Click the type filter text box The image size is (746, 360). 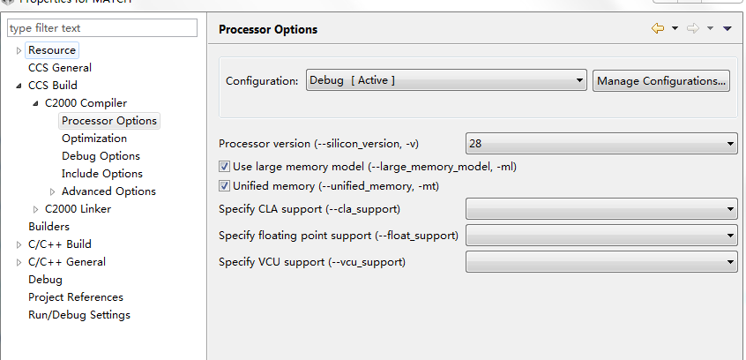(x=101, y=28)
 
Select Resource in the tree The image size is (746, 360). (x=52, y=50)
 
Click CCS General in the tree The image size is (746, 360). (x=60, y=68)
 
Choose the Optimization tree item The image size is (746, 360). (x=94, y=139)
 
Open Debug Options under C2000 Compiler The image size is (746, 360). (x=101, y=156)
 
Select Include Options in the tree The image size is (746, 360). (x=102, y=174)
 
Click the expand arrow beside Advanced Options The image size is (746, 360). (x=53, y=191)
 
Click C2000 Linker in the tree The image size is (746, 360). (x=78, y=209)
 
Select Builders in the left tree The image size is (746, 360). (x=48, y=227)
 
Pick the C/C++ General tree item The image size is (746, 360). (x=67, y=262)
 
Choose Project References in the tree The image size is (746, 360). (x=76, y=297)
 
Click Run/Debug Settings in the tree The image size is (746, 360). (x=79, y=315)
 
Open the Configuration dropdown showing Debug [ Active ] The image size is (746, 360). (x=446, y=81)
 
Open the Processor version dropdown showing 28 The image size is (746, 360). (x=601, y=143)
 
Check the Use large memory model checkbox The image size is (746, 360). (x=224, y=166)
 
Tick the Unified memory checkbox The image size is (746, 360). (x=224, y=186)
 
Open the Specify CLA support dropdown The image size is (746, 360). (x=601, y=209)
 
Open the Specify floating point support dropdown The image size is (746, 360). (x=601, y=236)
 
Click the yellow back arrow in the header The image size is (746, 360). (x=658, y=29)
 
